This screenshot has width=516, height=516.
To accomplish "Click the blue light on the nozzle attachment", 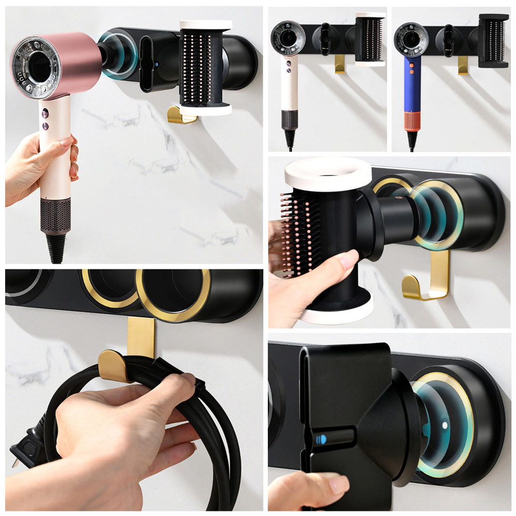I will click(320, 439).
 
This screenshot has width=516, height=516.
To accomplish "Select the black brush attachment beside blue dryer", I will click(493, 41).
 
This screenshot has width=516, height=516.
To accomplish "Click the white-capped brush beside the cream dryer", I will click(370, 39).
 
